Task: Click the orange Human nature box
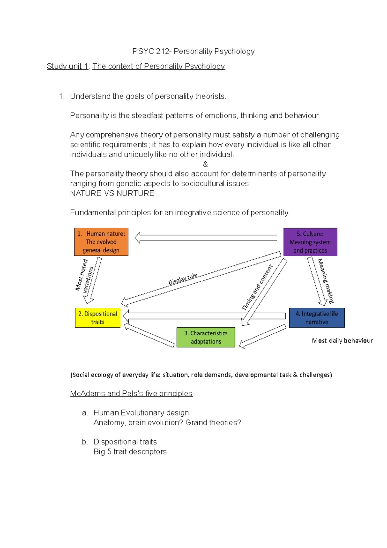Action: pyautogui.click(x=101, y=242)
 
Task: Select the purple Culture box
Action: pyautogui.click(x=310, y=242)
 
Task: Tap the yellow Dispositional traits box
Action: pyautogui.click(x=97, y=318)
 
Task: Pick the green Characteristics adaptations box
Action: pyautogui.click(x=206, y=337)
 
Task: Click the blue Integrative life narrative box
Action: pyautogui.click(x=317, y=318)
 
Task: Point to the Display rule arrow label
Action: pyautogui.click(x=183, y=279)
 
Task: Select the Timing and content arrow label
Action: pyautogui.click(x=257, y=287)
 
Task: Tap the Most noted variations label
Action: pyautogui.click(x=84, y=275)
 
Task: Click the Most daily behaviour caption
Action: pyautogui.click(x=342, y=340)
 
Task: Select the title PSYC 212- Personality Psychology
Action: pyautogui.click(x=193, y=51)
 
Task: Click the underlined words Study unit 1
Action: pyautogui.click(x=67, y=66)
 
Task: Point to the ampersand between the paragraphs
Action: pyautogui.click(x=205, y=164)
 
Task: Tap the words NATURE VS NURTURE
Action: pyautogui.click(x=112, y=193)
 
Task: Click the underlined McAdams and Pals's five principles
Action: pyautogui.click(x=131, y=393)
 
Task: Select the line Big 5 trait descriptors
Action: pyautogui.click(x=130, y=452)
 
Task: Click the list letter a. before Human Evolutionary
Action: pyautogui.click(x=85, y=413)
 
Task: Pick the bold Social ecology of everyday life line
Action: pyautogui.click(x=201, y=375)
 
